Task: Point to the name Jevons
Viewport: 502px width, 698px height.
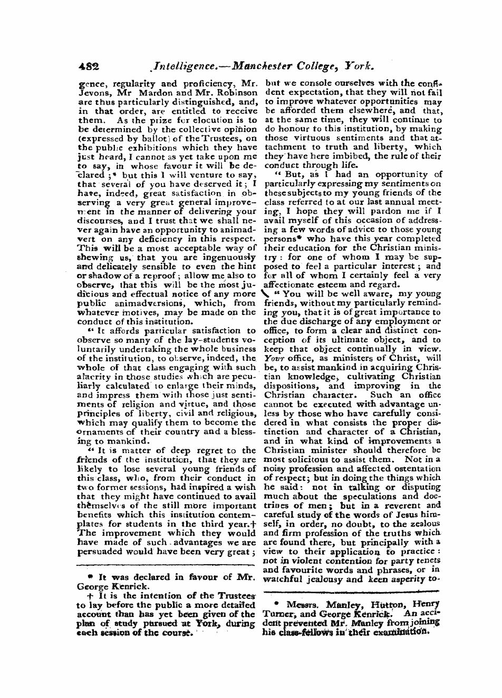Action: (x=92, y=92)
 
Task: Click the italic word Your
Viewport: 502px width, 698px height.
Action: (x=273, y=358)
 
